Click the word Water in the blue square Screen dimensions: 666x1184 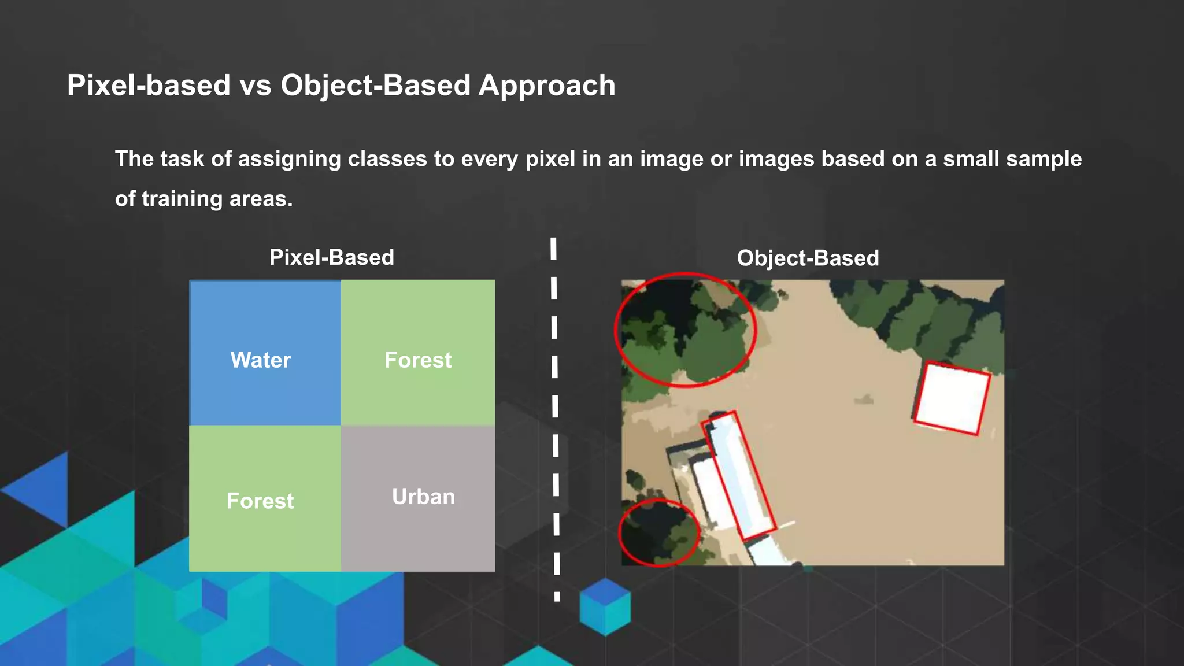[260, 360]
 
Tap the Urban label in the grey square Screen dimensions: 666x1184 [423, 497]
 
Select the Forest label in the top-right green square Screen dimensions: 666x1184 [418, 360]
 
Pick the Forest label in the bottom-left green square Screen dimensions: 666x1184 [260, 501]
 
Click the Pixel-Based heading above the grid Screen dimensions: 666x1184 [332, 258]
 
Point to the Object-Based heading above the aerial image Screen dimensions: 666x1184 [808, 258]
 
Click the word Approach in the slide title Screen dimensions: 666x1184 [547, 86]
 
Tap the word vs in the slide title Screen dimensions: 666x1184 [256, 86]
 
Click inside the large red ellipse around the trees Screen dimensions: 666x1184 [685, 330]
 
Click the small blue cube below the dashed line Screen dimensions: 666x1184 [605, 607]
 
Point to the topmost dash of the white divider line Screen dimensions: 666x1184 [553, 249]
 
